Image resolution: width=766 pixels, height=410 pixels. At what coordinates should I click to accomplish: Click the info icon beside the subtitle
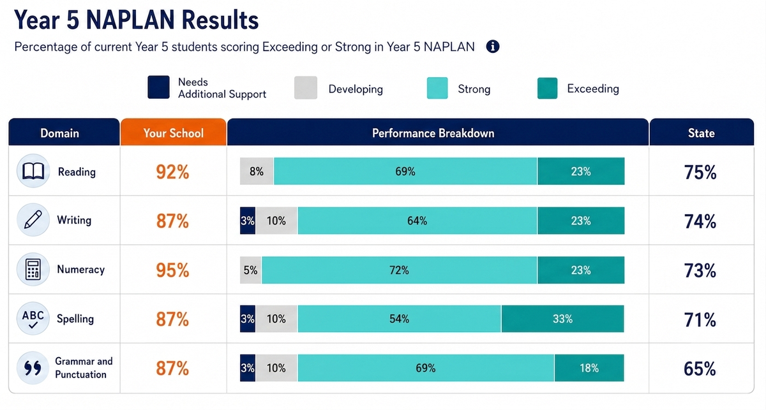click(492, 47)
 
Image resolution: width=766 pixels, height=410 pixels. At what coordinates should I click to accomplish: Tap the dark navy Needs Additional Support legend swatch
click(158, 87)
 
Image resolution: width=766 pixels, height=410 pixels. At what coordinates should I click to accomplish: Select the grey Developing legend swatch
click(306, 88)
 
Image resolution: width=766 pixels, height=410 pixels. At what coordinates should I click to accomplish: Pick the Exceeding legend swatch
click(547, 88)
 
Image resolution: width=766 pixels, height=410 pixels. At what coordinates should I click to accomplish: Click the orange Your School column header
click(174, 133)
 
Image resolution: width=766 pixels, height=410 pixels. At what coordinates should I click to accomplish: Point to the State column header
click(702, 133)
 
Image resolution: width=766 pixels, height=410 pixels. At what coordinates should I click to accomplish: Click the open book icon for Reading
click(33, 171)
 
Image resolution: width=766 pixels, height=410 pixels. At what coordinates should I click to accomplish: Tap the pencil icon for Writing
click(33, 220)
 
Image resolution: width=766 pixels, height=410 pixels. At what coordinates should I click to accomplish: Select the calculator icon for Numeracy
click(33, 269)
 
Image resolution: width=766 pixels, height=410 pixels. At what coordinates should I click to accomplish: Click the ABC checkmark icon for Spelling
click(33, 318)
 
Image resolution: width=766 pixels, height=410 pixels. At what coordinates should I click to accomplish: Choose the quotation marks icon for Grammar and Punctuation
click(33, 368)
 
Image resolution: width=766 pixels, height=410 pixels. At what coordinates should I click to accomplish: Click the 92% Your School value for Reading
click(172, 172)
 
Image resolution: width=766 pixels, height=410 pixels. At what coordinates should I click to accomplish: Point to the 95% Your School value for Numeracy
click(172, 270)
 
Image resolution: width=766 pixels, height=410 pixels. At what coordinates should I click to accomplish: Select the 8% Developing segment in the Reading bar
click(257, 171)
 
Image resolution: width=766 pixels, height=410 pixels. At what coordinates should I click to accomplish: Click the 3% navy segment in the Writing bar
click(248, 221)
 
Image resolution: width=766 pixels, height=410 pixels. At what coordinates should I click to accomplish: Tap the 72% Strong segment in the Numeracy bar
click(400, 270)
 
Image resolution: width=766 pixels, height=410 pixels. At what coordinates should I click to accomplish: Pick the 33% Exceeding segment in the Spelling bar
click(562, 319)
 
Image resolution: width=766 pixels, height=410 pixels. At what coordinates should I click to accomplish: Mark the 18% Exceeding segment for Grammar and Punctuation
click(589, 368)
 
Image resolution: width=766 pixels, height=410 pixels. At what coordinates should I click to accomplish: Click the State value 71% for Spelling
click(700, 320)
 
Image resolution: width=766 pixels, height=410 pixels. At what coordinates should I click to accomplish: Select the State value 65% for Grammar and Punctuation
click(700, 369)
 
